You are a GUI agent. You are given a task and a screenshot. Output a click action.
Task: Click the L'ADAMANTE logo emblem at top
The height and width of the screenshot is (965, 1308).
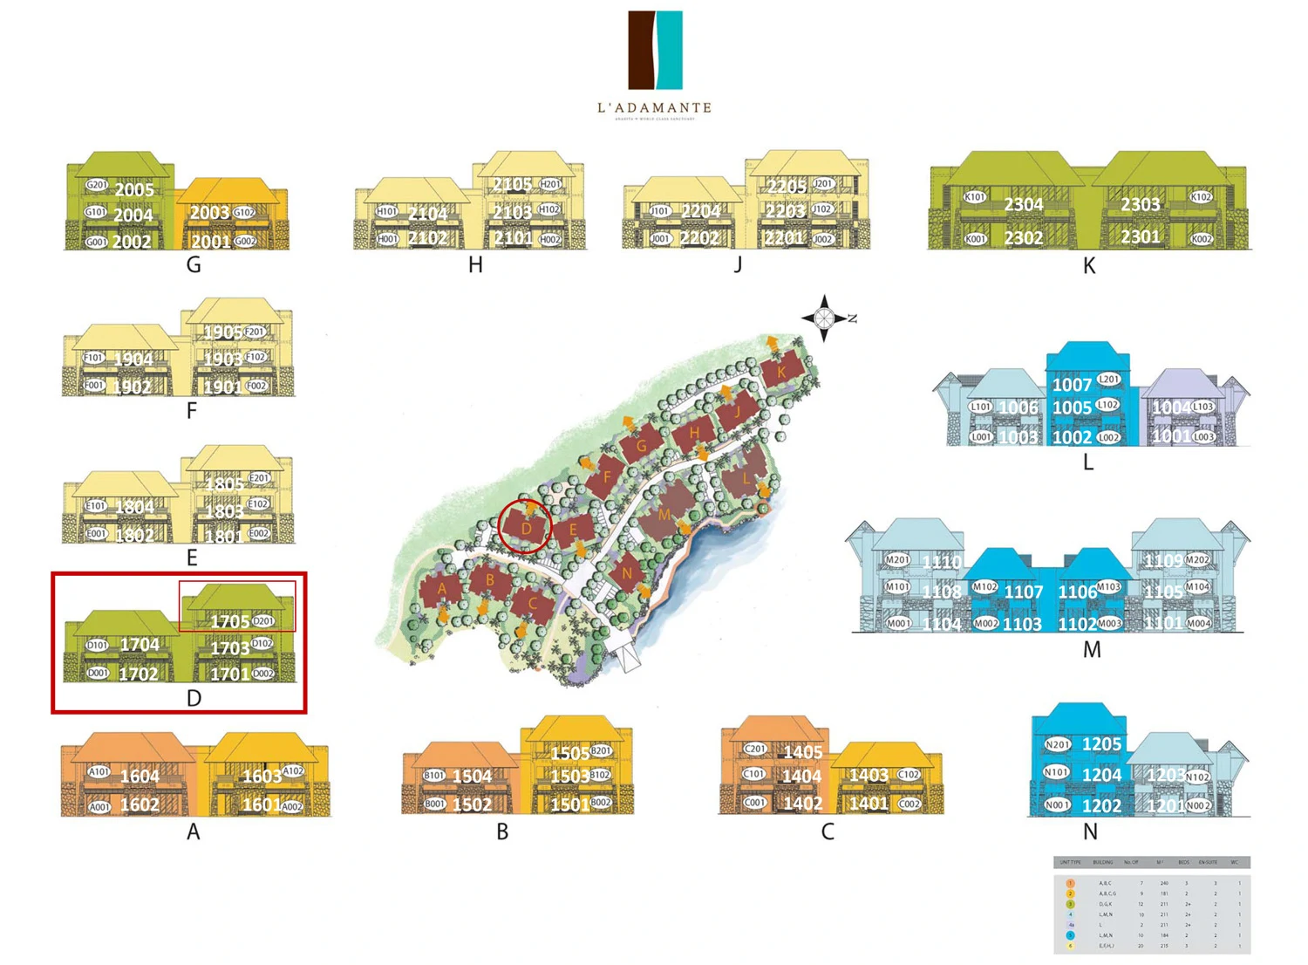point(655,50)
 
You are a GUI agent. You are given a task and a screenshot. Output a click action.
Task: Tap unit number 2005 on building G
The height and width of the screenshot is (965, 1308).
point(134,189)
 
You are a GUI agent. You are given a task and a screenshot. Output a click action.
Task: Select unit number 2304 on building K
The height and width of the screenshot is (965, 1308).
point(1023,204)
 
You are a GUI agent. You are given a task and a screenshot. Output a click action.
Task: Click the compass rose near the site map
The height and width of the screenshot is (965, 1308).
point(824,318)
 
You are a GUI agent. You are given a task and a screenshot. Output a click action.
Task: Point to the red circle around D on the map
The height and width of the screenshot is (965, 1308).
point(525,526)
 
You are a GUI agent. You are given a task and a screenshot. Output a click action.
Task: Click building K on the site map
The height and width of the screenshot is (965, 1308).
point(780,372)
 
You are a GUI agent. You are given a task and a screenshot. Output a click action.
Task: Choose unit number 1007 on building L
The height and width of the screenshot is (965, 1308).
point(1072,385)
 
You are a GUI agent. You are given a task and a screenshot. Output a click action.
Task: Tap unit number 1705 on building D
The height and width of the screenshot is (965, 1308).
point(230,621)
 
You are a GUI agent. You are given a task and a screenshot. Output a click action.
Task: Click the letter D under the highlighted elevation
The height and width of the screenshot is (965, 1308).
point(194,698)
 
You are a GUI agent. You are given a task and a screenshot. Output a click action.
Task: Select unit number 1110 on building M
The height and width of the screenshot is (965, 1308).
point(942,563)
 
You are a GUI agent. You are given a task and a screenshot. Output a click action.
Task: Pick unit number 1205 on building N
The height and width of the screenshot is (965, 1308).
point(1101,744)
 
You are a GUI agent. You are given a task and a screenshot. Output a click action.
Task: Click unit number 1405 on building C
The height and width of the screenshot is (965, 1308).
point(802,752)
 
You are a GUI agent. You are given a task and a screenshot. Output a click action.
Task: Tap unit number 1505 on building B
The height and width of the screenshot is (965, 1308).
point(569,753)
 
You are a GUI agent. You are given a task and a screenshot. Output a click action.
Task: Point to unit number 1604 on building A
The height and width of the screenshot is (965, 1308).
point(140,776)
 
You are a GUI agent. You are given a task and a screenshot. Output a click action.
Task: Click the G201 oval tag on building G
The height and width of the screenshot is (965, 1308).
point(96,185)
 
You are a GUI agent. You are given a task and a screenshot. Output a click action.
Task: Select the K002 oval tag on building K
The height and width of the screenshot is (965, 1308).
point(1202,238)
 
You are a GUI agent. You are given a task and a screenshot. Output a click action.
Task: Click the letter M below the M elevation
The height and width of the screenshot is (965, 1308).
point(1092,650)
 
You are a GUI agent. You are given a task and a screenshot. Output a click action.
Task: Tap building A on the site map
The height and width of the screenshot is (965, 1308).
point(441,590)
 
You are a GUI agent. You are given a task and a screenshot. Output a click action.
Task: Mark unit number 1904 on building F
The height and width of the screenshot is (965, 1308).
point(133,359)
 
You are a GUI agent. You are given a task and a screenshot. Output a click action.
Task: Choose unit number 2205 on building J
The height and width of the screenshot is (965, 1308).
point(787,187)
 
